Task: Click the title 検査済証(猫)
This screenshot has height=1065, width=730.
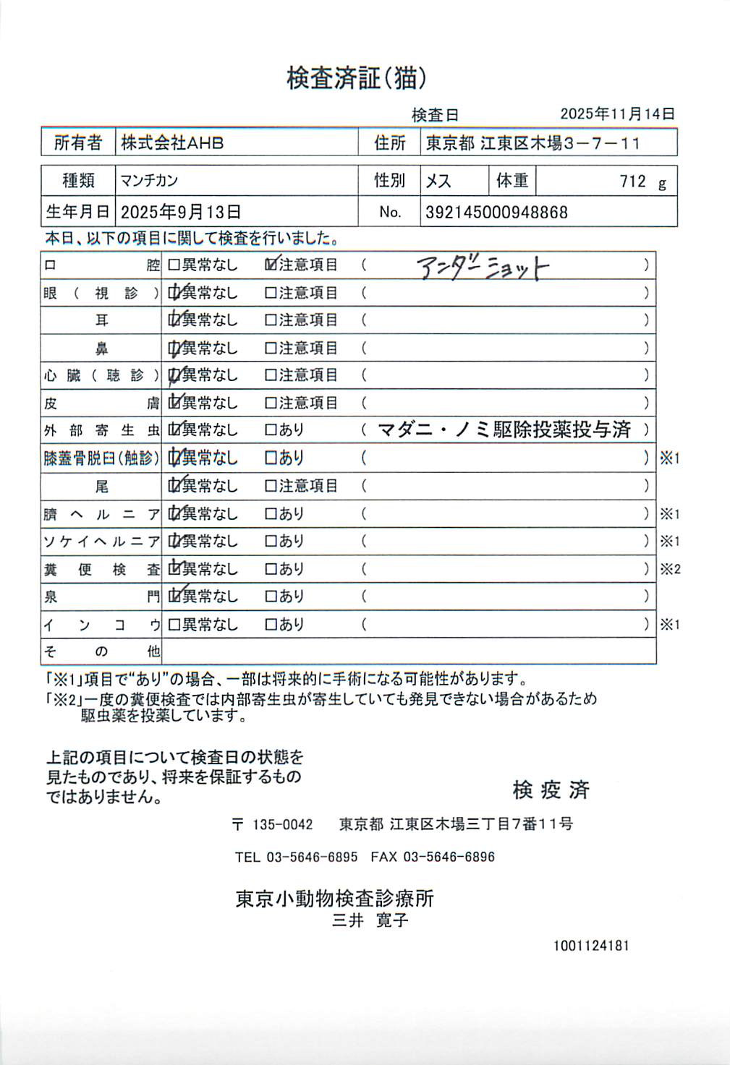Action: pos(356,78)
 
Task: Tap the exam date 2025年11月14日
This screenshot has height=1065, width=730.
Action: pos(617,114)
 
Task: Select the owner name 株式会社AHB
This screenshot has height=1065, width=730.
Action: pos(172,142)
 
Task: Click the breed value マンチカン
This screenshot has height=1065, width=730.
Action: pos(149,181)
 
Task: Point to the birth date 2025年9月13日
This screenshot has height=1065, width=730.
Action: pos(180,212)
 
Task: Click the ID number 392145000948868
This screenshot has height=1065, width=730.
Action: pos(496,213)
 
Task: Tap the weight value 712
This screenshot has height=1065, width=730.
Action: pos(632,181)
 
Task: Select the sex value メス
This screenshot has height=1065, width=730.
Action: pos(438,181)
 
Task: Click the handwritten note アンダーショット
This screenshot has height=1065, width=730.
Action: pos(483,268)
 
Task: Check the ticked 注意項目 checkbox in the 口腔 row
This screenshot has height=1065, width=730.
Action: pos(271,265)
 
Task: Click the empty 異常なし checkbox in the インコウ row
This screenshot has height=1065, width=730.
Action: pos(174,625)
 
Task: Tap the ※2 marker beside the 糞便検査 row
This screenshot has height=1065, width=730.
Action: pos(670,569)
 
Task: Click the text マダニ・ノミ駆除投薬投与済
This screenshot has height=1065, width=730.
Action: pos(504,430)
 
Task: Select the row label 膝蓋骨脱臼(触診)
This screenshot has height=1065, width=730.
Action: pos(101,458)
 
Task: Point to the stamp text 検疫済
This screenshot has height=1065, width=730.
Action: pos(551,790)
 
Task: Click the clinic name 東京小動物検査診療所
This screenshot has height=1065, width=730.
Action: pos(334,899)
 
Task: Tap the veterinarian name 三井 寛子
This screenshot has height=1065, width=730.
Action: pos(370,920)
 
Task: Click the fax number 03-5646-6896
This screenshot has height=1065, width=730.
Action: pos(449,857)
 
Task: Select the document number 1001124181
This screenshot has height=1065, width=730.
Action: pos(591,946)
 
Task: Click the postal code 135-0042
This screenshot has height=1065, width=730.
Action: pos(282,824)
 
